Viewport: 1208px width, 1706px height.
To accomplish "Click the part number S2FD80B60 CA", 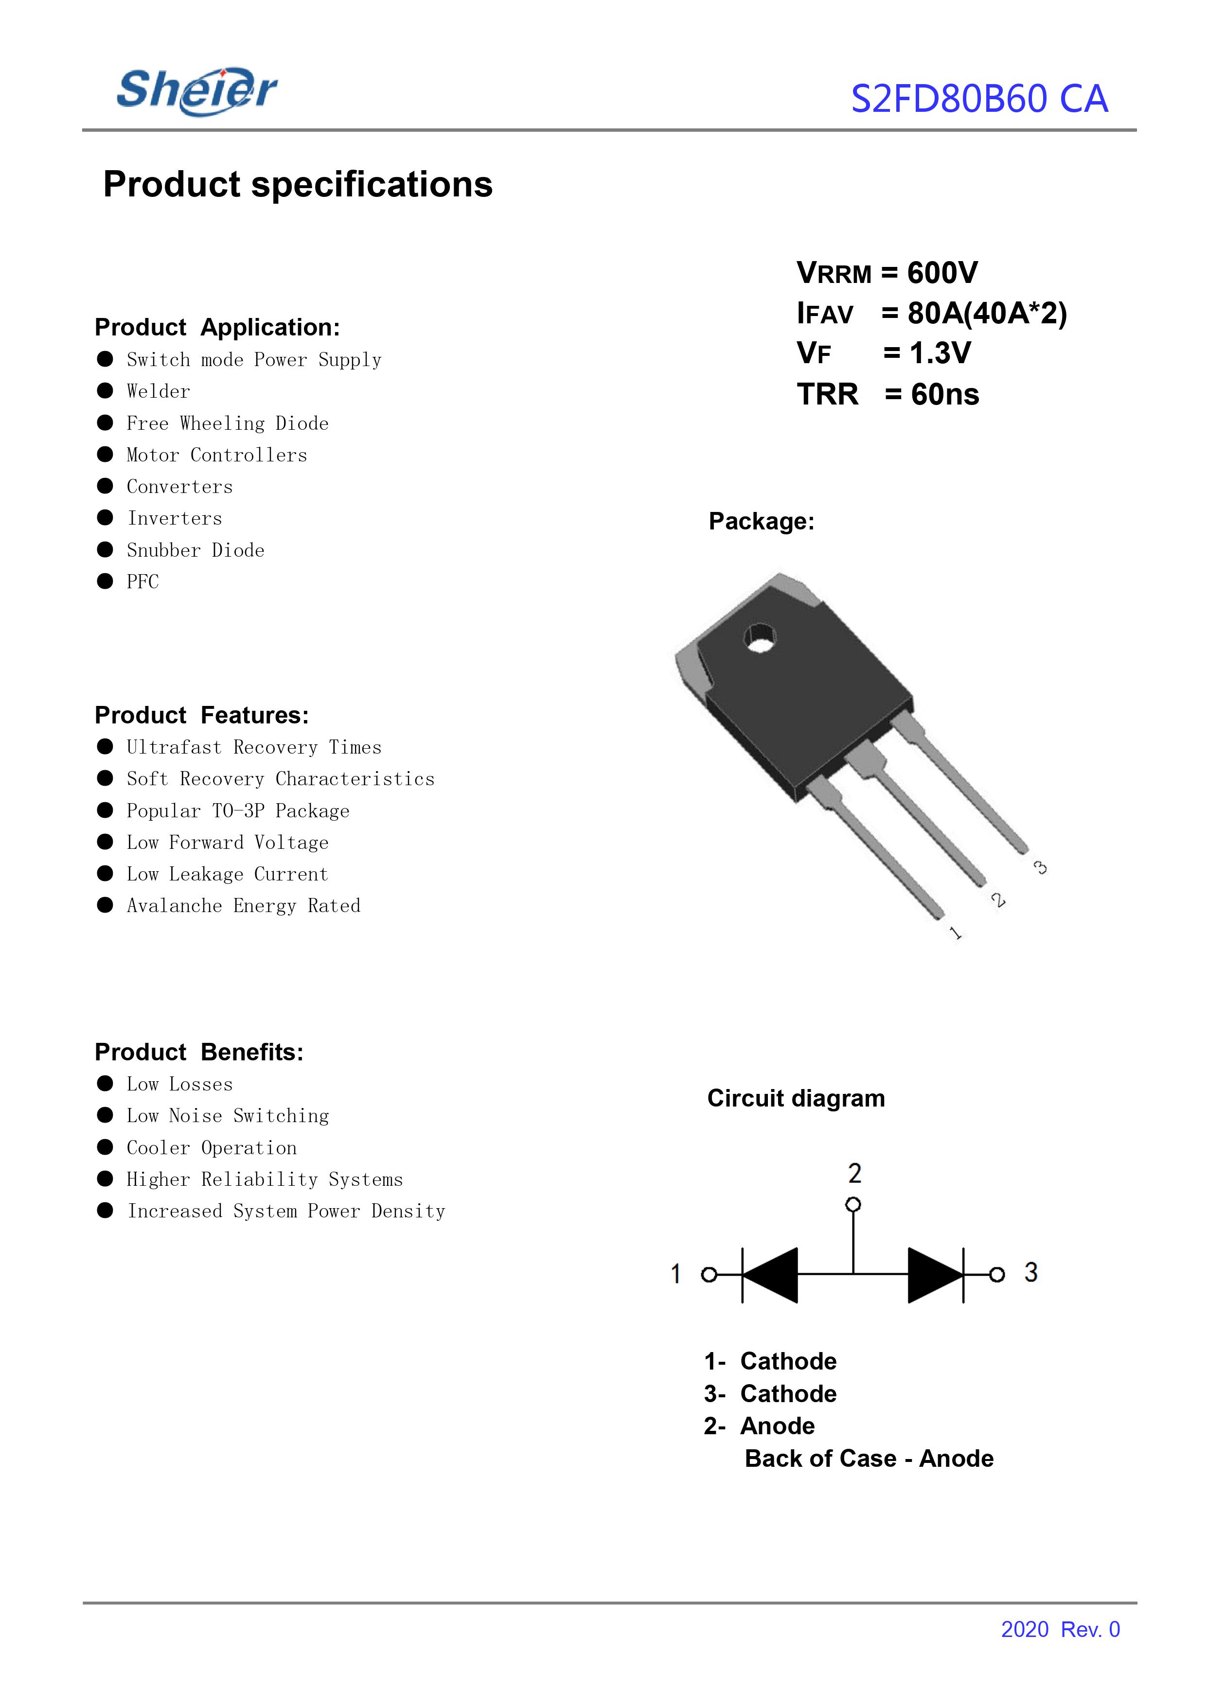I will (x=979, y=99).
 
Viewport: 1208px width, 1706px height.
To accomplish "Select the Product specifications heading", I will (x=298, y=184).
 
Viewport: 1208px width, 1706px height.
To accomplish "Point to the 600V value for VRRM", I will (x=942, y=273).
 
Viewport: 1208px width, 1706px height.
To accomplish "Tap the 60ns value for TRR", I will (x=945, y=394).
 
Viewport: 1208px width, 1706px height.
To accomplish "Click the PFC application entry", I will (x=143, y=581).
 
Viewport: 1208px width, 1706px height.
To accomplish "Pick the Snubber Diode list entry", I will (x=195, y=550).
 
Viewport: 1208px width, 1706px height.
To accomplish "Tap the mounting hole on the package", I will (x=760, y=638).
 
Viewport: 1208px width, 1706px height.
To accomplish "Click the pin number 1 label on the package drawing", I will (x=955, y=932).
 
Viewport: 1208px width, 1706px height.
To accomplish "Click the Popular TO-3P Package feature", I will (x=237, y=810).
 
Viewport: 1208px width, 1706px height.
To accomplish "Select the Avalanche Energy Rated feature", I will (x=243, y=906).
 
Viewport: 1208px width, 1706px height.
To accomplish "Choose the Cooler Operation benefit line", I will (x=211, y=1147).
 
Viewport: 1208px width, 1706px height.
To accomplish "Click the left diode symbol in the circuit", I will (x=770, y=1275).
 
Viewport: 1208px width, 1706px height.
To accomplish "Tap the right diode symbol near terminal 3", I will (x=936, y=1275).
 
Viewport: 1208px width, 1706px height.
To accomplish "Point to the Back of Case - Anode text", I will (x=869, y=1459).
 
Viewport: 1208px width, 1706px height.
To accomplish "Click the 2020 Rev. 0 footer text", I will (x=1060, y=1629).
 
